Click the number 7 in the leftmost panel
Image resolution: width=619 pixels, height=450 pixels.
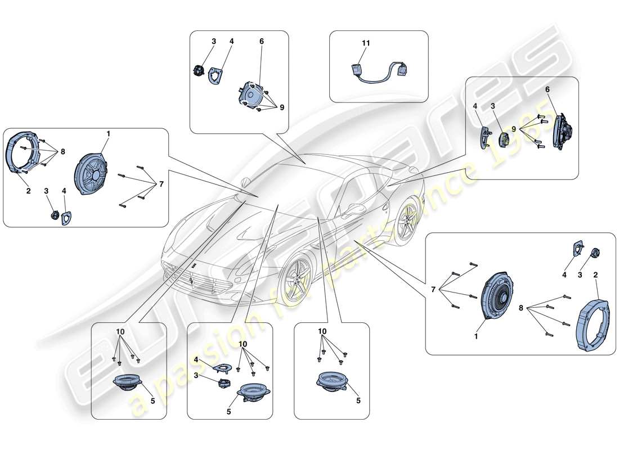click(x=161, y=184)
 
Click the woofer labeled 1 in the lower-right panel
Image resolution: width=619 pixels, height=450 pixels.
click(x=496, y=297)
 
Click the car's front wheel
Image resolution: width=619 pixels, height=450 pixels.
click(x=296, y=280)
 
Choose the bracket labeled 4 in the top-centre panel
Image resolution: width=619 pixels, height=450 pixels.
click(x=215, y=75)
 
